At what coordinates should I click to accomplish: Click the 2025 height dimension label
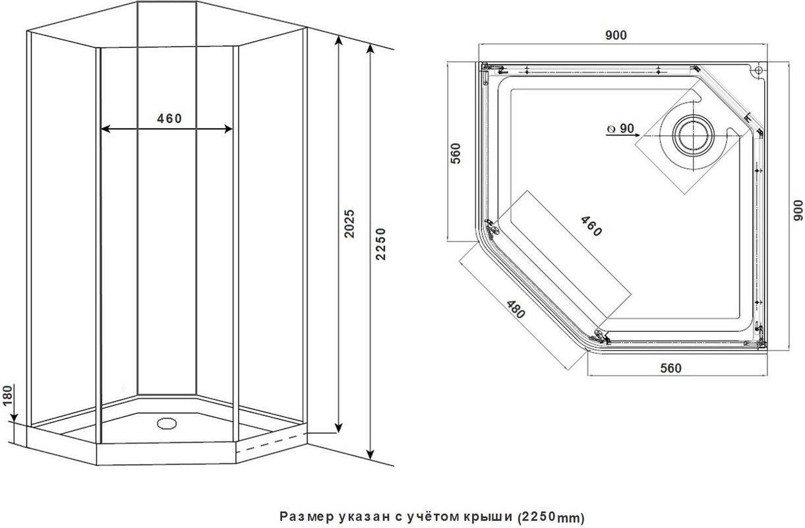click(349, 223)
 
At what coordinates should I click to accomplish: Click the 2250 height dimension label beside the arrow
click(380, 244)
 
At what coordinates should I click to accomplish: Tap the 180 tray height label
click(7, 395)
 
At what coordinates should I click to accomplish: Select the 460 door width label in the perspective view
click(169, 118)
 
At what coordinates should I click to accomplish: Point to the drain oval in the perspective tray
click(167, 423)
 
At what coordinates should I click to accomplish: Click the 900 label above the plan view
click(616, 35)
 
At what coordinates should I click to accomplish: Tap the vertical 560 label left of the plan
click(456, 154)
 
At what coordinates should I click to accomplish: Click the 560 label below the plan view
click(671, 368)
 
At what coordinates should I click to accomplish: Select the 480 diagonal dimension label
click(516, 309)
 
